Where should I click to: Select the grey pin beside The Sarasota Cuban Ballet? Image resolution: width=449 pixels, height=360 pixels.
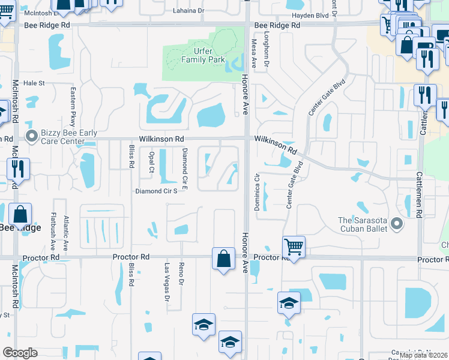(x=396, y=224)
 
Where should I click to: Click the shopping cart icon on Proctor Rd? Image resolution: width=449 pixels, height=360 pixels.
(x=294, y=245)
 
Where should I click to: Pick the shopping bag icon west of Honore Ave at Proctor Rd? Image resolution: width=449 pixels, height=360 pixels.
(x=223, y=259)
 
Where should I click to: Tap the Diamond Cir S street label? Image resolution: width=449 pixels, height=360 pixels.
(x=156, y=191)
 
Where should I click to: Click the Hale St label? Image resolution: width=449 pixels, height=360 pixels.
(x=34, y=83)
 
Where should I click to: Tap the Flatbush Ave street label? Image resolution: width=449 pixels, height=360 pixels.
(x=53, y=230)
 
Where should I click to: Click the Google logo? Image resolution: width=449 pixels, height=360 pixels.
(x=20, y=353)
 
